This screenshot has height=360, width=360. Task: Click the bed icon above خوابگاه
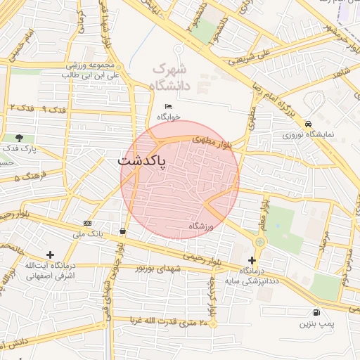(167, 105)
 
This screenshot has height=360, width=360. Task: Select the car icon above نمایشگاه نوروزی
(309, 123)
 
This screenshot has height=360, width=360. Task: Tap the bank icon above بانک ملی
(87, 222)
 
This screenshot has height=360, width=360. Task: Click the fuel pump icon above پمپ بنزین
(314, 312)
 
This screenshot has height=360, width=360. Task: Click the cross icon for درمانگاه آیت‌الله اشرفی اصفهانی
(49, 255)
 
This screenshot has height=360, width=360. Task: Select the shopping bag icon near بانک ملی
(124, 230)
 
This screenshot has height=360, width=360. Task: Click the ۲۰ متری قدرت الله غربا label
(169, 323)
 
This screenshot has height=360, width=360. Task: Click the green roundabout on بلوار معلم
(260, 242)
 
